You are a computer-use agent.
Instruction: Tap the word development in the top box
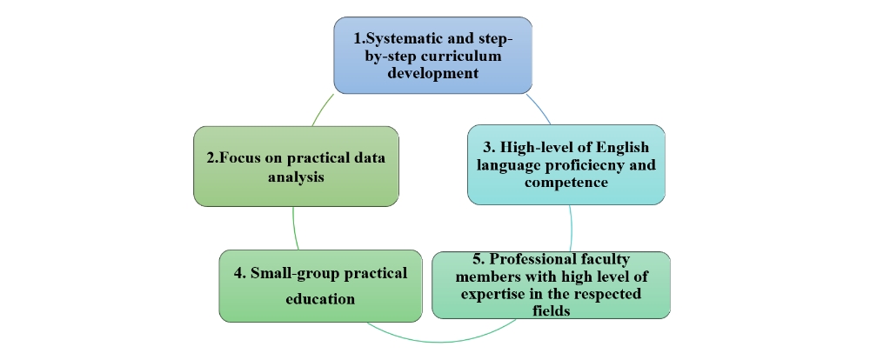[x=432, y=73]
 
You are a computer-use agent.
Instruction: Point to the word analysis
[x=296, y=177]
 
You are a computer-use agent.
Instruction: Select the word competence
[x=566, y=182]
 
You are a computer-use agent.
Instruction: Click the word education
[x=320, y=298]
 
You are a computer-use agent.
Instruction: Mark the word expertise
[x=496, y=294]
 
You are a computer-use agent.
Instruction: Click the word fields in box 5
[x=551, y=310]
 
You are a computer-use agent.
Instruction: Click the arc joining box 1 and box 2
[x=323, y=110]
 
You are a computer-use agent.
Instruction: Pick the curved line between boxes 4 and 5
[x=441, y=337]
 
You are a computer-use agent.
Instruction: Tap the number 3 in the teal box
[x=488, y=148]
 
